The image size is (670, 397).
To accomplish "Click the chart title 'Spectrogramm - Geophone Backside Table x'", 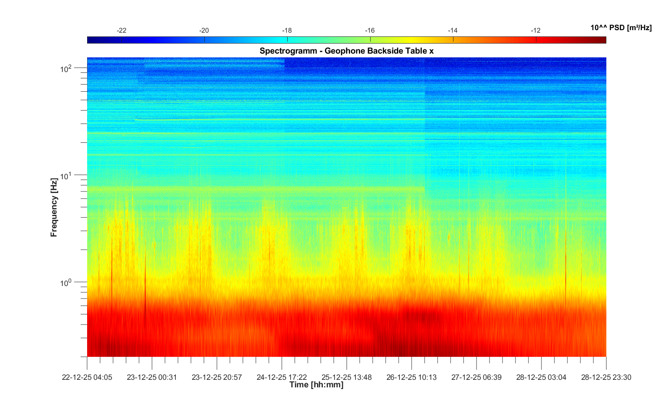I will point(346,51).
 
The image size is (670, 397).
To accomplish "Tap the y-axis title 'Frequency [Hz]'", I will point(54,207).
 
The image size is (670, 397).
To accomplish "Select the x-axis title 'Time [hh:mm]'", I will point(316,385).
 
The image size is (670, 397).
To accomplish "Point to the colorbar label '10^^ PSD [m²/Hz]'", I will point(621,28).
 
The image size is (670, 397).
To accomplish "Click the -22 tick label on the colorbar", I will point(121,31).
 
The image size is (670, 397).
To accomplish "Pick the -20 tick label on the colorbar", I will point(204,31).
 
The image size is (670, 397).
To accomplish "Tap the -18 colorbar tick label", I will point(287,31).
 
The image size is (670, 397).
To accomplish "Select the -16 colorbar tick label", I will point(370,31).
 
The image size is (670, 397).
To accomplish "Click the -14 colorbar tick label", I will point(453,31).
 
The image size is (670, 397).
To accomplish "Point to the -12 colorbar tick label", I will point(536,31).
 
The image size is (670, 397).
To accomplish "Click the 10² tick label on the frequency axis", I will point(66,68).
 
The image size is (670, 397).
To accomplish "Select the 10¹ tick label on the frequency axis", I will point(66,176).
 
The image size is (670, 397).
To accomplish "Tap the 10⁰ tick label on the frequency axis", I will point(66,283).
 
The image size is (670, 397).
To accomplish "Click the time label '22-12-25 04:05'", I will point(87,377).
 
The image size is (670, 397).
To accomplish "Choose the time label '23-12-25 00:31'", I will point(152,377).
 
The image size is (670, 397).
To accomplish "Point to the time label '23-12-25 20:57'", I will point(217,377).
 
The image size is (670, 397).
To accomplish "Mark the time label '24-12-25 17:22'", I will point(282,377).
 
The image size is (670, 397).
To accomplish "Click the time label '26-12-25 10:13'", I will point(412,377).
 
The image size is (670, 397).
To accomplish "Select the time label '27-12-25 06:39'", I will point(477,377).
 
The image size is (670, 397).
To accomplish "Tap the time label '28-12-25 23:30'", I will point(606,377).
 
